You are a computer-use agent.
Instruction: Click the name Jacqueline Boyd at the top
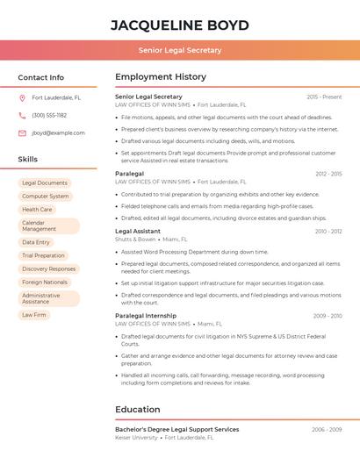(180, 25)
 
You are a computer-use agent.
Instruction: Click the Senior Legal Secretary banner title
(180, 50)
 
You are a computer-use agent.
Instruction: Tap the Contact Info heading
(41, 77)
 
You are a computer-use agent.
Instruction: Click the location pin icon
(22, 97)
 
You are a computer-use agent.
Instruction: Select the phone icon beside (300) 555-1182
(22, 115)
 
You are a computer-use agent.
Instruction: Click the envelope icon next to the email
(22, 133)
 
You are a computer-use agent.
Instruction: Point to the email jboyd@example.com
(58, 133)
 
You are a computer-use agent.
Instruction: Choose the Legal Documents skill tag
(45, 183)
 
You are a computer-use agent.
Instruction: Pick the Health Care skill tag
(37, 210)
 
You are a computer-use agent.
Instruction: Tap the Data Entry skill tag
(36, 242)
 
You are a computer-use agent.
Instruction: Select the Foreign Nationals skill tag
(45, 283)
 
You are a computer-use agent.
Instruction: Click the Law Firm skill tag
(34, 315)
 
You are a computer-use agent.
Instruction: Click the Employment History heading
(161, 77)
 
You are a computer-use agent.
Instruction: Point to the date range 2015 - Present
(324, 97)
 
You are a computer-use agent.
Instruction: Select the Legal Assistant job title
(138, 231)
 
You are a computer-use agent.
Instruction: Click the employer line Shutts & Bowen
(135, 239)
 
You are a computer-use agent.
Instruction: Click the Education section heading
(138, 410)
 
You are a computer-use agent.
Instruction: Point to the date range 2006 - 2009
(327, 429)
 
